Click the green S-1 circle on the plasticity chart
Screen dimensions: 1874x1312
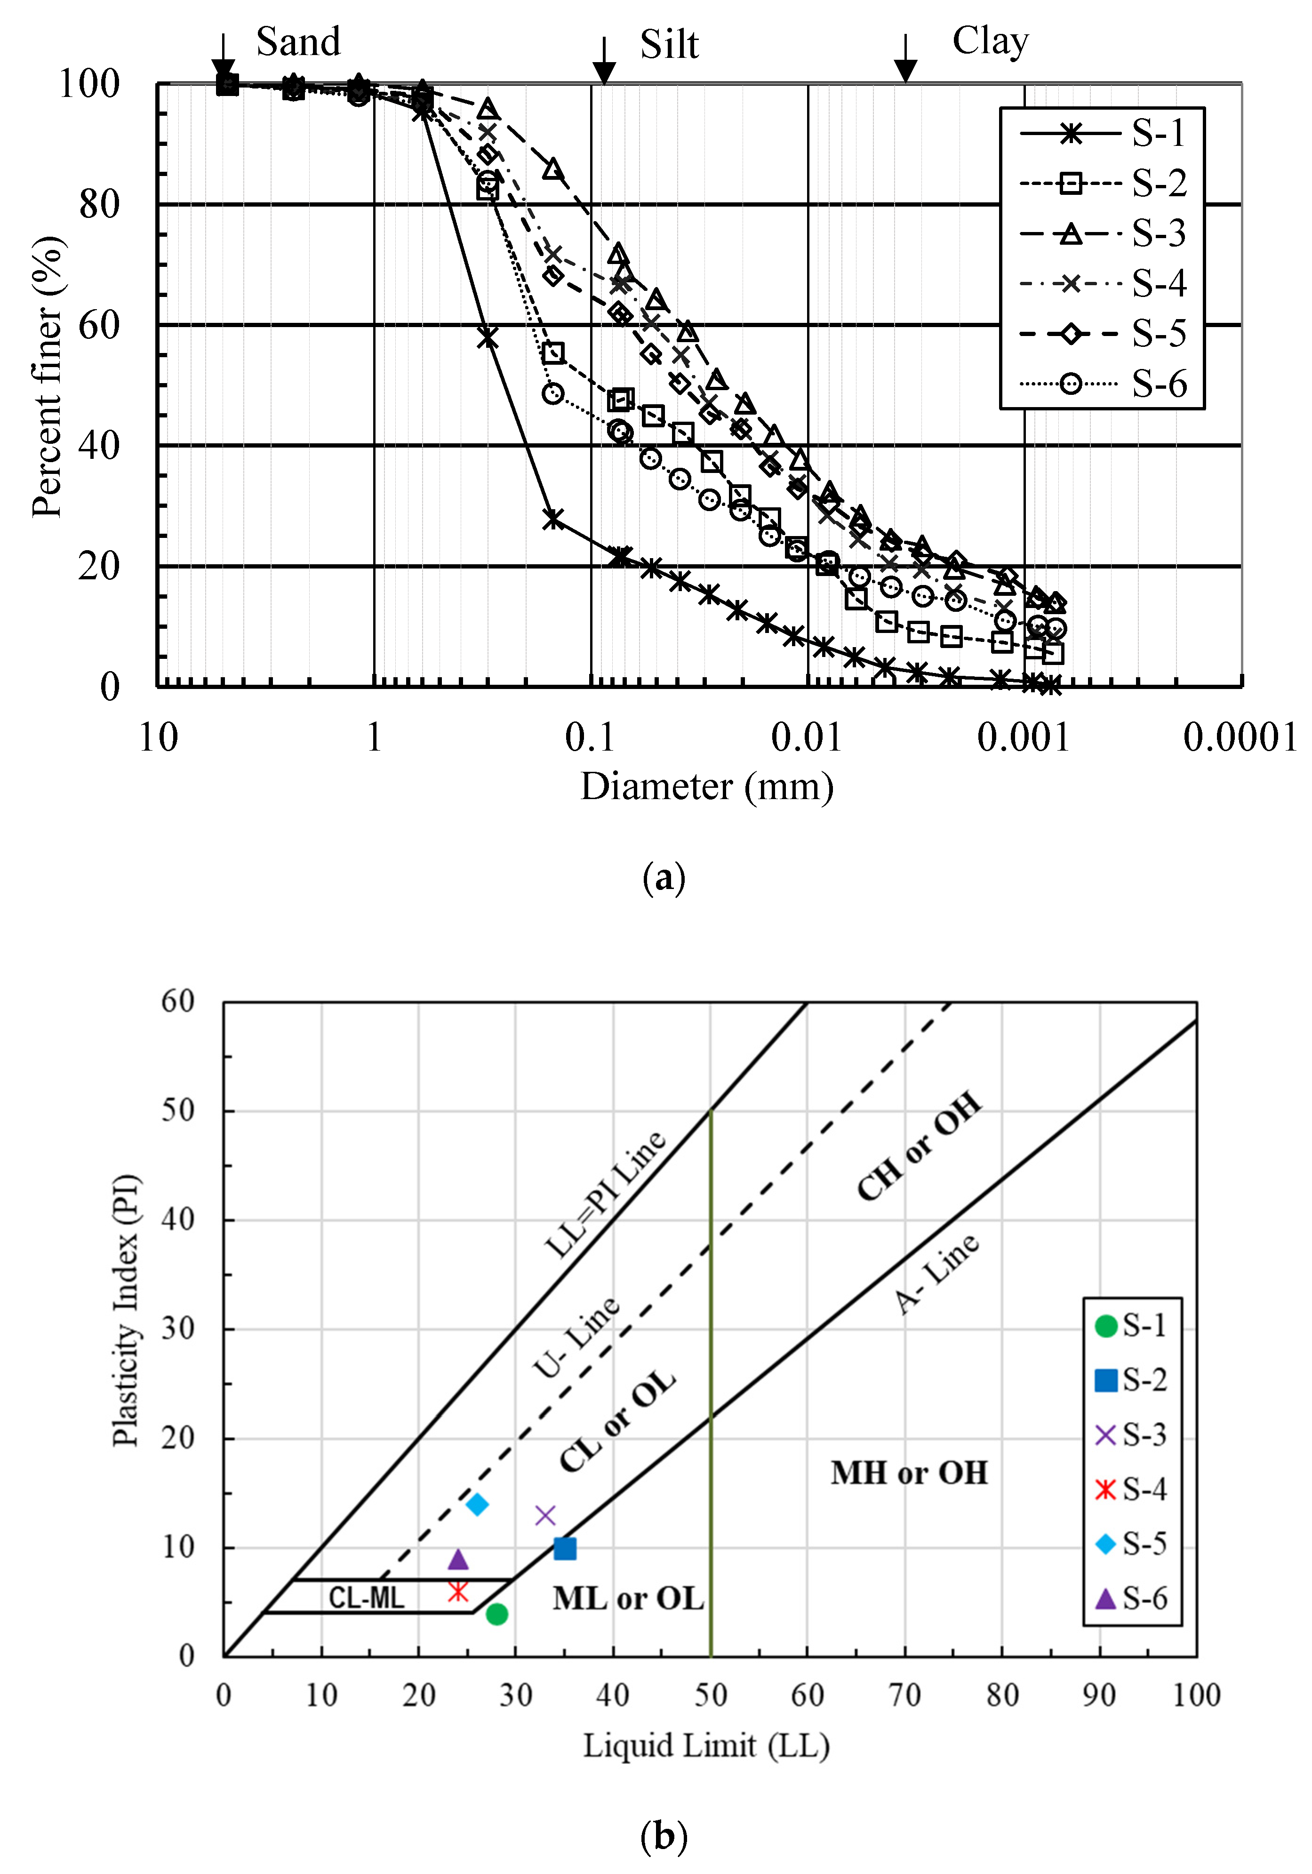(496, 1614)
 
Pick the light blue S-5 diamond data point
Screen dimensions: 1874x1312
(477, 1504)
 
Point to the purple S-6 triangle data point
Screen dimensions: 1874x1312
(458, 1559)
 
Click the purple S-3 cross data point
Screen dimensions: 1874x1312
(545, 1516)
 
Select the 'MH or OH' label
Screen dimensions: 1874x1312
(909, 1473)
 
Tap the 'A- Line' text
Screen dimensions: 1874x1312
(936, 1273)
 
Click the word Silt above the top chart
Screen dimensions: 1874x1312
(669, 45)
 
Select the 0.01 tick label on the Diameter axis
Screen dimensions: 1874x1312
(806, 738)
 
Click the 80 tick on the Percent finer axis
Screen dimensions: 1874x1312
(100, 205)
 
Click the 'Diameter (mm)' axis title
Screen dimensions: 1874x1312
(706, 787)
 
